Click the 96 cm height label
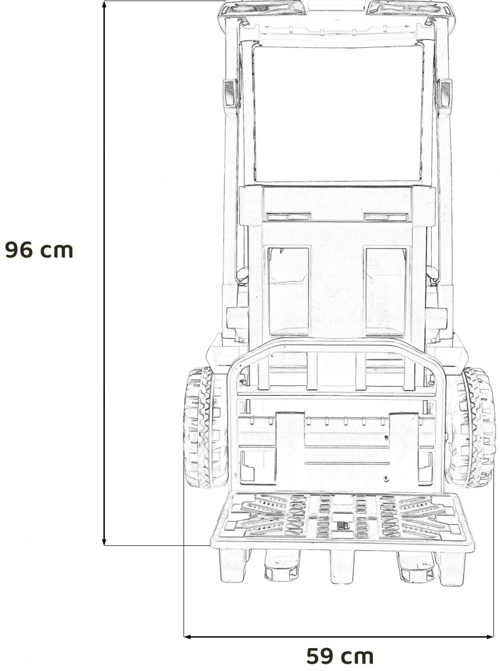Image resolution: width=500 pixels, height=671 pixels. point(39,250)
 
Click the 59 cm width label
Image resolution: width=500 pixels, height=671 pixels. point(339,655)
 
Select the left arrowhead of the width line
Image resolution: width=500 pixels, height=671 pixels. point(187,636)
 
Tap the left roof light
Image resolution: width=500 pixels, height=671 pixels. point(262,9)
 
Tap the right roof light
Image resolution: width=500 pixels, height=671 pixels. point(410,9)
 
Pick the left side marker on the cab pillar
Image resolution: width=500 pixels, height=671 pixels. point(230,94)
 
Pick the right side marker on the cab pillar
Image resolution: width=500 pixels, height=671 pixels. point(444,94)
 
